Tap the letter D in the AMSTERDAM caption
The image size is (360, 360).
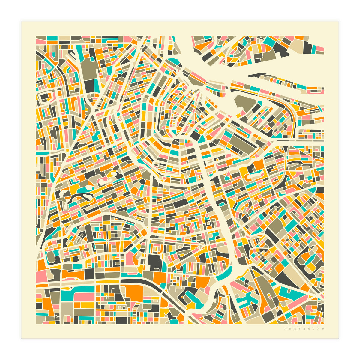pyautogui.click(x=315, y=329)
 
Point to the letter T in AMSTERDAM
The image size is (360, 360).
pyautogui.click(x=298, y=329)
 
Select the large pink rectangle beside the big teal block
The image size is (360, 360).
pyautogui.click(x=84, y=297)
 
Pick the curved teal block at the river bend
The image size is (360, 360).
pyautogui.click(x=223, y=274)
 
